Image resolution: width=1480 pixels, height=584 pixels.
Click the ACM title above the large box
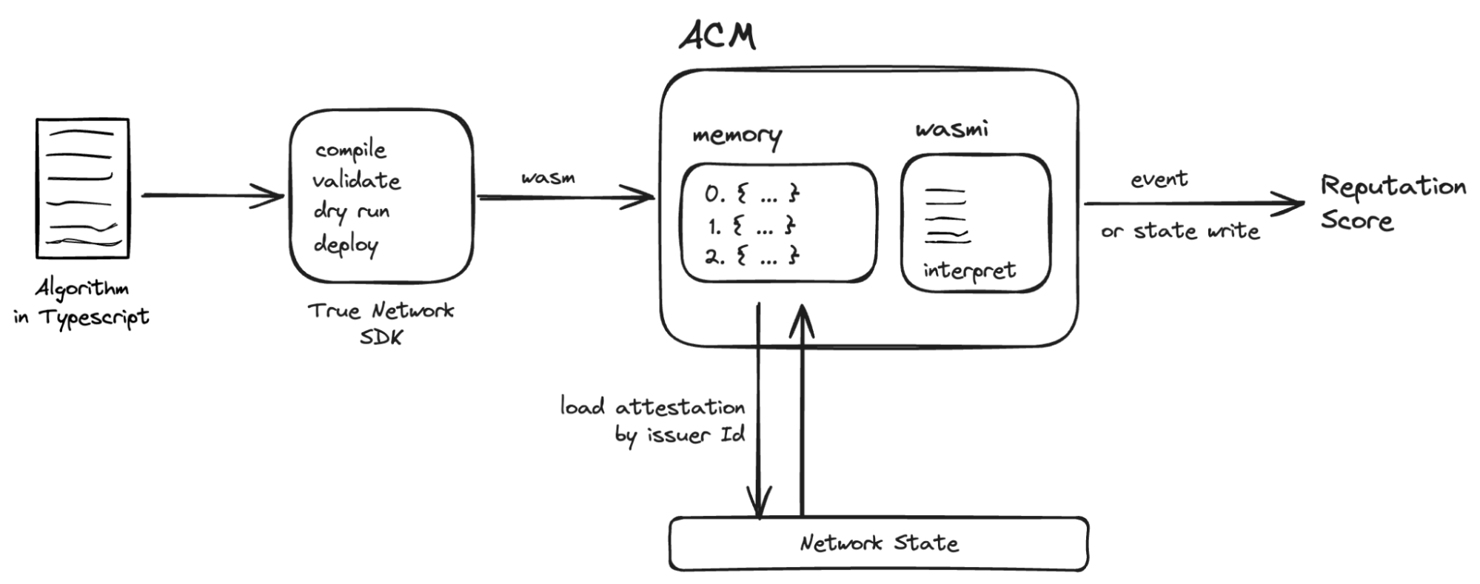(717, 36)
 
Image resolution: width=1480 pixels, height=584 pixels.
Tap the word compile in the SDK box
(350, 150)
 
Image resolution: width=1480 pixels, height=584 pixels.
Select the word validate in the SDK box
(355, 181)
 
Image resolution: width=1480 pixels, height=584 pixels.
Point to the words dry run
(351, 212)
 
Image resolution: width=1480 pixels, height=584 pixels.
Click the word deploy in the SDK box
(346, 244)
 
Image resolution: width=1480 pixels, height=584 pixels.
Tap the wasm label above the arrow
(548, 178)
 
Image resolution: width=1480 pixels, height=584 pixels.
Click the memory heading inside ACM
(737, 136)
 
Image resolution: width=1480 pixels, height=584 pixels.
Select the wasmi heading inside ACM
(951, 130)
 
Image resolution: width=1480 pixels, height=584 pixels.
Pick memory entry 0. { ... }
(751, 195)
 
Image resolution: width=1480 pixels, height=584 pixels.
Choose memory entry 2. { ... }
(751, 257)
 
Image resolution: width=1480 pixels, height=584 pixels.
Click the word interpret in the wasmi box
(969, 271)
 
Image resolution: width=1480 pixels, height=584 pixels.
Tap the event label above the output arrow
(1159, 179)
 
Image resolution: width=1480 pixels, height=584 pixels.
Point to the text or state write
(1180, 231)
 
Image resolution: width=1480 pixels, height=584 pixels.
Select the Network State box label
(879, 543)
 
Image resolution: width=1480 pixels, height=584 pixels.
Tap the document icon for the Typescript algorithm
(83, 188)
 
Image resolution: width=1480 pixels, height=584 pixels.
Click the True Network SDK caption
(381, 323)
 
